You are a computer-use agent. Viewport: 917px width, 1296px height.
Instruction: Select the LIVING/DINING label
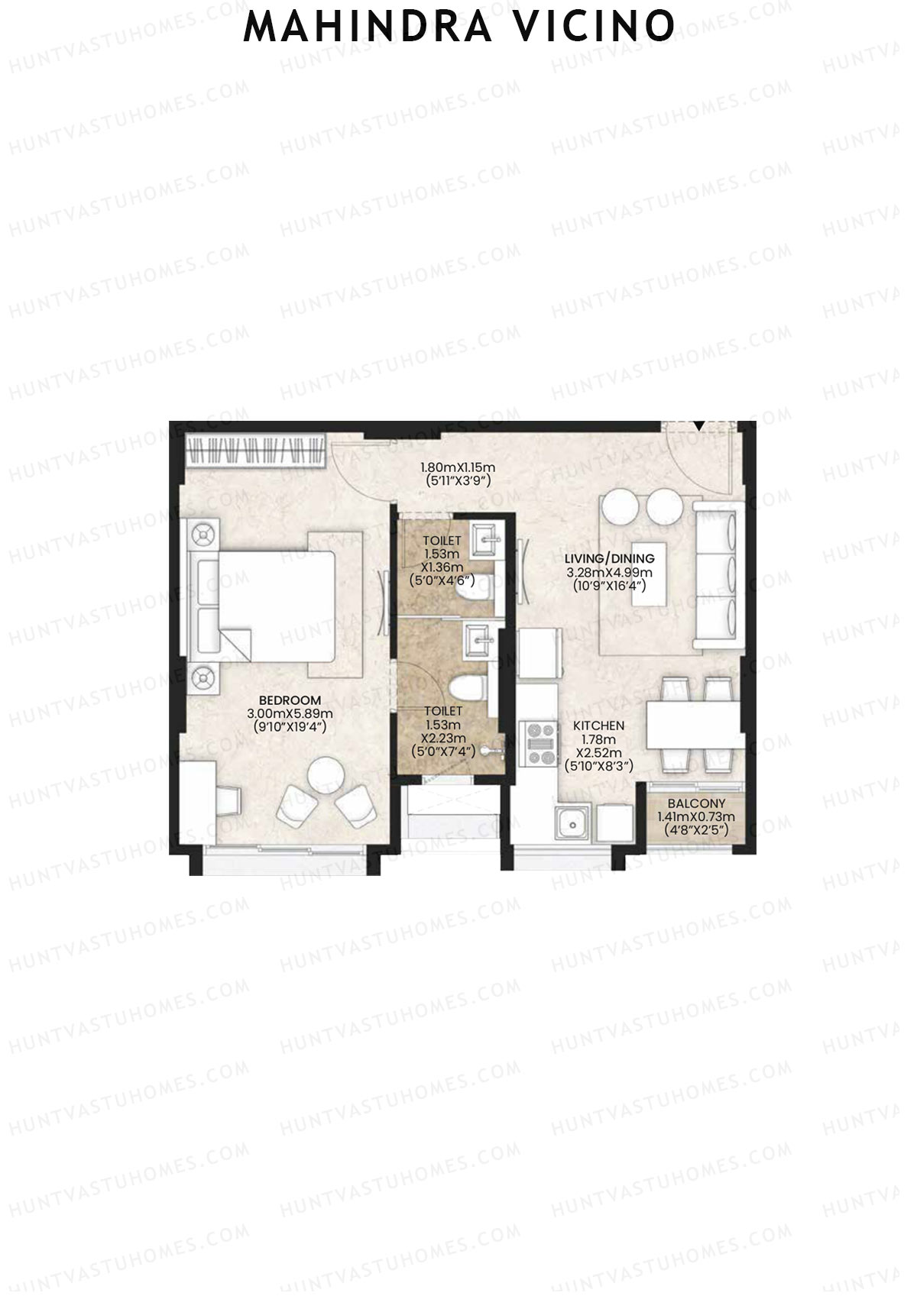[x=610, y=558]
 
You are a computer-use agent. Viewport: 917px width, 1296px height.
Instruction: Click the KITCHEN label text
[x=598, y=726]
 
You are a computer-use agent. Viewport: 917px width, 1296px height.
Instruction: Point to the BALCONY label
[x=696, y=803]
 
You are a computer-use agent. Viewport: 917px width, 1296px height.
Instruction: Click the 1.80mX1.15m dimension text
[x=457, y=467]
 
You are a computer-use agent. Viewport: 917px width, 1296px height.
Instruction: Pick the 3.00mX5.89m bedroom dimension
[x=290, y=714]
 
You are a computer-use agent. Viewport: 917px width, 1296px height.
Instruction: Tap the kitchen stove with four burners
[x=539, y=743]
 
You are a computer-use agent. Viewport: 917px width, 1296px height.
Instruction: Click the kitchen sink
[x=572, y=823]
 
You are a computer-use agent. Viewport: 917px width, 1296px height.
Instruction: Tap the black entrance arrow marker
[x=700, y=426]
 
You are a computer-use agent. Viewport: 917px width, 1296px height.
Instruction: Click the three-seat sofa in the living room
[x=718, y=574]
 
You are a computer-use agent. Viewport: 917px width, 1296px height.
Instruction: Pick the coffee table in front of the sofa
[x=648, y=574]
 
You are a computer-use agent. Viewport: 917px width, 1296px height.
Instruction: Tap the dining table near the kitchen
[x=694, y=725]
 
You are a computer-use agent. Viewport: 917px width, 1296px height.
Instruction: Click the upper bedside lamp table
[x=203, y=535]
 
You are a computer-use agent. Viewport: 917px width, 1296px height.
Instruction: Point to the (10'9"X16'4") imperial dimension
[x=610, y=586]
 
